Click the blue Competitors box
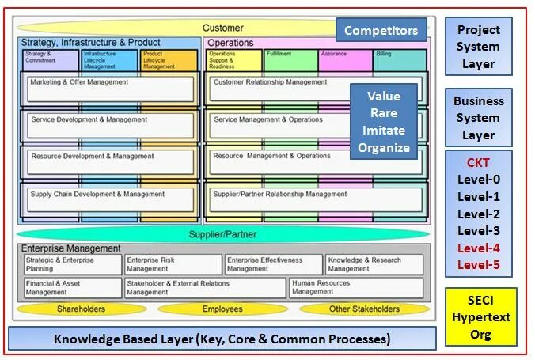pos(381,31)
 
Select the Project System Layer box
pos(478,47)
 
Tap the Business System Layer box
pos(478,118)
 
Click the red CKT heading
pos(478,162)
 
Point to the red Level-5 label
pos(478,264)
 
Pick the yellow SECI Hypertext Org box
pos(480,316)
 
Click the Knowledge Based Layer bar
pos(222,339)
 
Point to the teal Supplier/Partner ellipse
pos(222,234)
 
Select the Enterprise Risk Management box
pos(173,264)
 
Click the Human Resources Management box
pos(355,287)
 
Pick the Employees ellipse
pos(222,309)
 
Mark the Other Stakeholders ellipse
pos(364,309)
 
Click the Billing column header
pos(400,60)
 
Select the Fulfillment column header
pos(290,60)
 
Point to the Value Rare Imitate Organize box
pos(384,122)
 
